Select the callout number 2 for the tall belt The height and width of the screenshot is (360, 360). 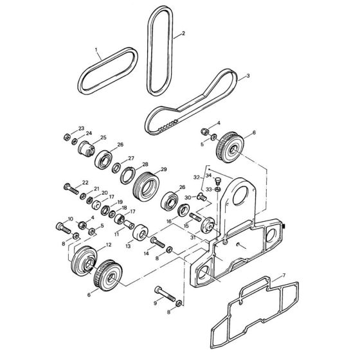(x=183, y=33)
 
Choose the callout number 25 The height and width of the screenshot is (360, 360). (x=103, y=138)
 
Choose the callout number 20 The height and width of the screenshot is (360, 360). (x=104, y=193)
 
